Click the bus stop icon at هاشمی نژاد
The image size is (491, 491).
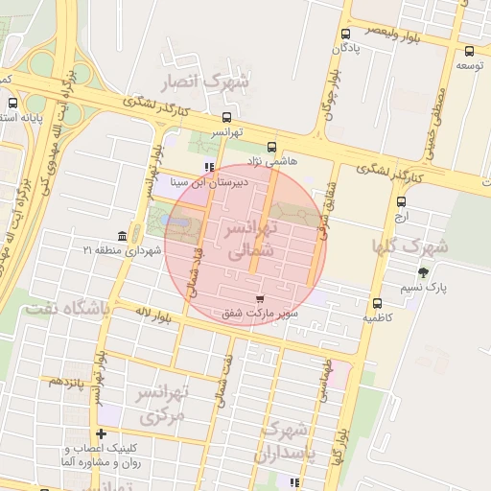click(x=271, y=148)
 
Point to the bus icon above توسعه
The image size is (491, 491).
click(x=469, y=52)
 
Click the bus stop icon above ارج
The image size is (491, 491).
click(x=401, y=201)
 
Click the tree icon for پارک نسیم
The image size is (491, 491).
click(x=424, y=272)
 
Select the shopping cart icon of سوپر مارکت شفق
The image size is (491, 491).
click(x=259, y=299)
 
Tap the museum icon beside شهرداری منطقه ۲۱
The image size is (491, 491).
click(x=121, y=236)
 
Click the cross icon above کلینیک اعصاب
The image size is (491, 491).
click(x=102, y=434)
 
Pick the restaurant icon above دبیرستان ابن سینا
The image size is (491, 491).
click(x=209, y=167)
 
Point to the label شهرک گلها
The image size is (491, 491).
click(x=413, y=245)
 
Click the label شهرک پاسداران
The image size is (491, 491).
click(x=286, y=439)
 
